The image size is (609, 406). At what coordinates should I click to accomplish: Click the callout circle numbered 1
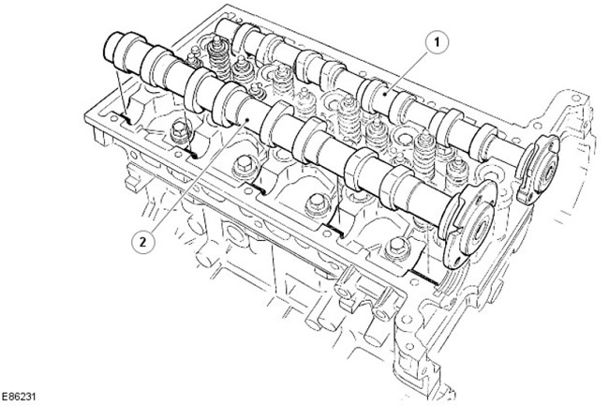coord(437,43)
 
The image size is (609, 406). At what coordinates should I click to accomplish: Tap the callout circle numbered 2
coord(143,242)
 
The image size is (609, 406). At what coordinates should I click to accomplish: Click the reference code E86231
coord(18,397)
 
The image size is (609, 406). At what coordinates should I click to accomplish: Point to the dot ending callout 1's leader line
coord(384,94)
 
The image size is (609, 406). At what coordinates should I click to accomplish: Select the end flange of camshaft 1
coord(539,170)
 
